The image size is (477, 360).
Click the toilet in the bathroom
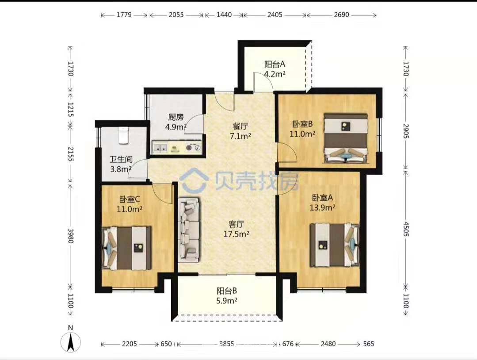pos(123,135)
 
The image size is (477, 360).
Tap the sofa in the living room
pos(189,230)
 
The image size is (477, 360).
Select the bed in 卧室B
pos(346,138)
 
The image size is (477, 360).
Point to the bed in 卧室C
pos(127,248)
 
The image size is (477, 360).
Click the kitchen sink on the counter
pos(160,148)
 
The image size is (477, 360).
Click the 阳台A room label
pos(275,64)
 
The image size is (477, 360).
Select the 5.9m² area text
pos(227,301)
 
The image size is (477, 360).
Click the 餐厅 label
pos(240,126)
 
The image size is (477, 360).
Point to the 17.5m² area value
pos(237,234)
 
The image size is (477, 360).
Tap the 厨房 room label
pos(176,117)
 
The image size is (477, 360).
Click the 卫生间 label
pos(121,159)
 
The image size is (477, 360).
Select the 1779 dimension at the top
pos(124,15)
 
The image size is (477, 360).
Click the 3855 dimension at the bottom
pos(227,344)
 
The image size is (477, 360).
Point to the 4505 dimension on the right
pos(406,229)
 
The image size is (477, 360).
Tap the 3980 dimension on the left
pos(71,236)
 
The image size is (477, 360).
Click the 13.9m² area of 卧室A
pos(322,207)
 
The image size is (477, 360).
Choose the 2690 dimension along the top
pos(341,15)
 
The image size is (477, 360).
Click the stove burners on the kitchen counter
pos(194,148)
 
